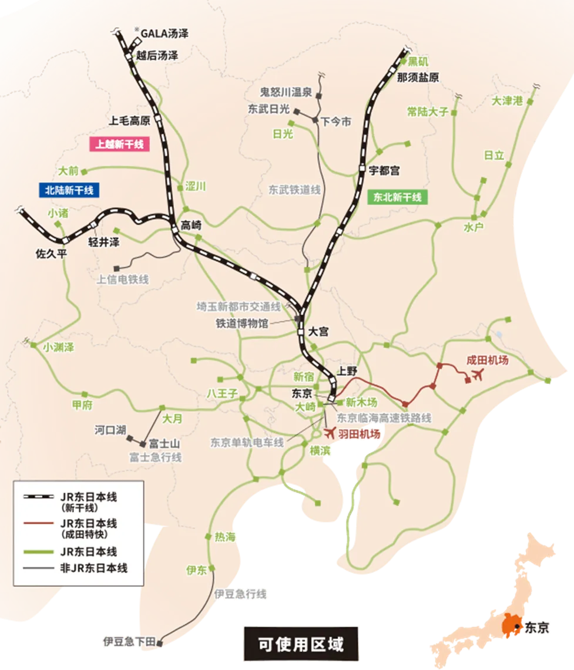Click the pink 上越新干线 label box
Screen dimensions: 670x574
coord(119,144)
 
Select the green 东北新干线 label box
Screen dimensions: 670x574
coord(397,197)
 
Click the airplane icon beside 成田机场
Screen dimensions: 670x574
coord(478,375)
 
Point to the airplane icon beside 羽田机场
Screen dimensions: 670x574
coord(329,433)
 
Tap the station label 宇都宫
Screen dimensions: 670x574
coord(384,170)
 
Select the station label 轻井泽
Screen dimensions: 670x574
coord(103,241)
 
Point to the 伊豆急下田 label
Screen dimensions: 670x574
coord(129,641)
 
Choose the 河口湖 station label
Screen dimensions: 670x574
coord(110,430)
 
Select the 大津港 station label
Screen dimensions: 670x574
coord(506,100)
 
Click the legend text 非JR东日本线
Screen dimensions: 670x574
coord(93,567)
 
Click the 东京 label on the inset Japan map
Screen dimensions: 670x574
coord(537,627)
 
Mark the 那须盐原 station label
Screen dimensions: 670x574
coord(418,78)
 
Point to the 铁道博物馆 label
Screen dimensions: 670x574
coord(241,323)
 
